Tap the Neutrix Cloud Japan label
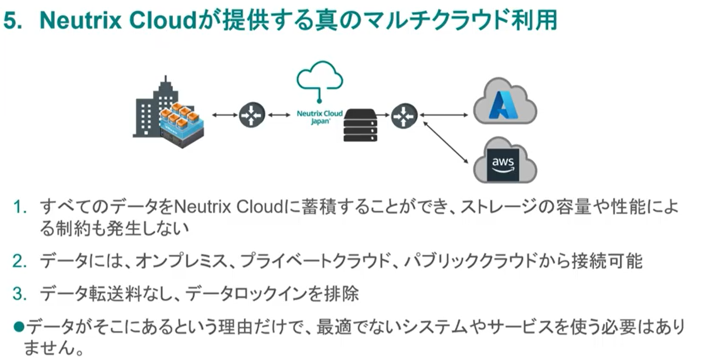tap(319, 117)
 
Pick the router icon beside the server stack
tap(404, 115)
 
